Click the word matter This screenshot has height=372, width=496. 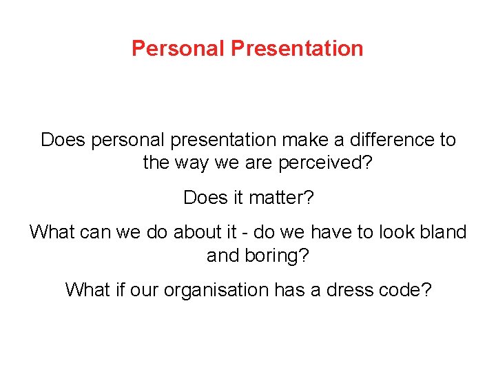(275, 198)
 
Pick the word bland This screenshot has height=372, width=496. (443, 232)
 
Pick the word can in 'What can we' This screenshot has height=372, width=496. (95, 232)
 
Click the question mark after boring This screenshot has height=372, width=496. (305, 256)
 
